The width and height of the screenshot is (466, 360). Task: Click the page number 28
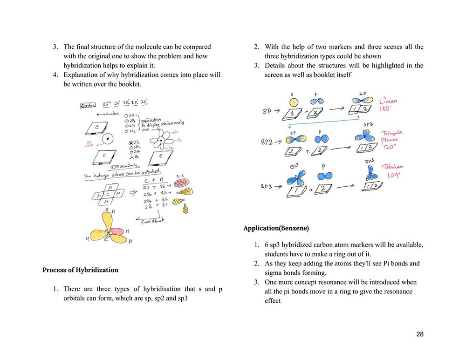tap(420, 334)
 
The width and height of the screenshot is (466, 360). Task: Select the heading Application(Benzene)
tap(276, 228)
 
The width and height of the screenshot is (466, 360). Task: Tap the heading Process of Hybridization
tap(80, 270)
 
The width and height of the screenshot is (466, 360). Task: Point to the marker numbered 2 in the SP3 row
tap(322, 189)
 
